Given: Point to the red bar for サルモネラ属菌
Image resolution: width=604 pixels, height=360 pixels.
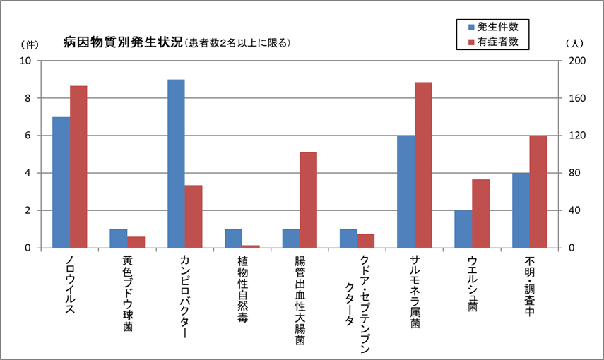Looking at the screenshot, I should pos(423,165).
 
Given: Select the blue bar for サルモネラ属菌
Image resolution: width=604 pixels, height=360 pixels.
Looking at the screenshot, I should pos(406,191).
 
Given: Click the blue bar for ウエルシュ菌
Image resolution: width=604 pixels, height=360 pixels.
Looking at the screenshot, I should pos(463,229).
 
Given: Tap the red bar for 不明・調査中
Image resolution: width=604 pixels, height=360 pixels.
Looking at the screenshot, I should pos(538,191).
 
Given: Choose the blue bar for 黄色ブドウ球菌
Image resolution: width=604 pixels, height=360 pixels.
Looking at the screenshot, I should pos(119,238).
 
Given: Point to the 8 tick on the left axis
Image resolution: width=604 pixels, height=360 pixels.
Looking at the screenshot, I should pos(26,98).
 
